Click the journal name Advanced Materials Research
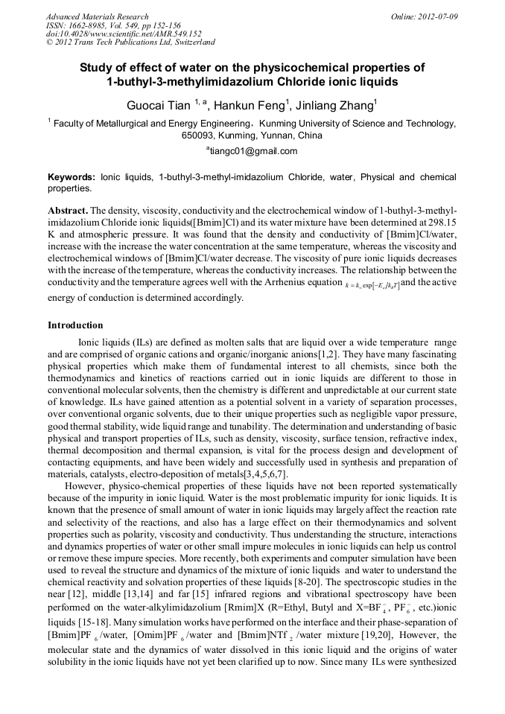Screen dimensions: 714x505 97,16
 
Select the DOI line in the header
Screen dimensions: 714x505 124,34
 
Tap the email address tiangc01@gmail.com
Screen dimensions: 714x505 253,151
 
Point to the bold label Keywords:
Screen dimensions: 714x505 72,178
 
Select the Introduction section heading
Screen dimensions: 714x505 75,325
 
